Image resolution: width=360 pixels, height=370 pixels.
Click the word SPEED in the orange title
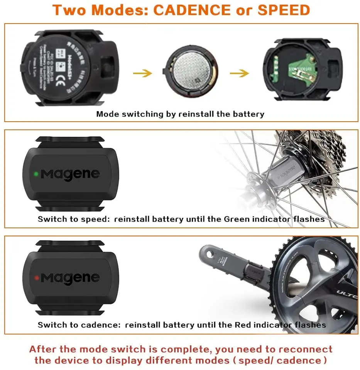pos(284,10)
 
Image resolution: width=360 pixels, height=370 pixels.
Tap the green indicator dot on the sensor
pos(36,174)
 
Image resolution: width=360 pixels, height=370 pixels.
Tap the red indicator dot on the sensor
pos(36,277)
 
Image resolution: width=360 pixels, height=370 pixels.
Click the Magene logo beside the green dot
pos(70,174)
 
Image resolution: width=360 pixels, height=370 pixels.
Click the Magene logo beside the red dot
pos(70,278)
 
